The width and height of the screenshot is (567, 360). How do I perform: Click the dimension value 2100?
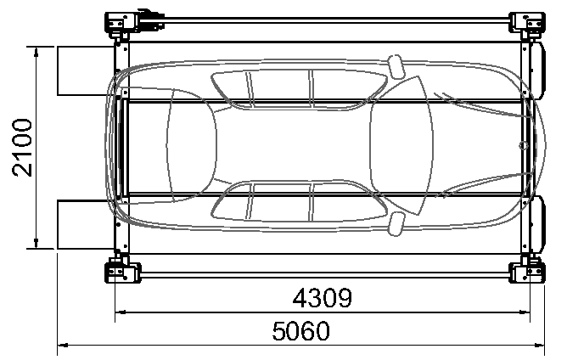[22, 148]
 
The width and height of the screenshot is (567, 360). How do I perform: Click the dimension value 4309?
[322, 298]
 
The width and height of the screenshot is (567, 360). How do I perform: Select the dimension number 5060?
[300, 330]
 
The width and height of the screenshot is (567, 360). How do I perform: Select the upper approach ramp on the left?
[86, 71]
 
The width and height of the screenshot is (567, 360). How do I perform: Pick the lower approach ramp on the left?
[86, 224]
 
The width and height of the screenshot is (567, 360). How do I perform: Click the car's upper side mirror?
[396, 66]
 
